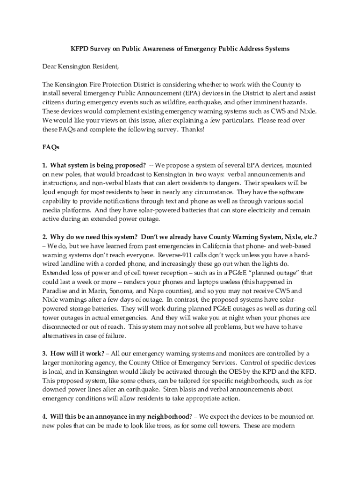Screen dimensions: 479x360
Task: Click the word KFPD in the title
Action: [x=79, y=49]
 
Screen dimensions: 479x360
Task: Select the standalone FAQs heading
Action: [x=50, y=147]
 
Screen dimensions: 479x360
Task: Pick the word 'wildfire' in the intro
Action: [x=175, y=102]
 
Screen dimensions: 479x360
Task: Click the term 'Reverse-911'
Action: [x=176, y=254]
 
